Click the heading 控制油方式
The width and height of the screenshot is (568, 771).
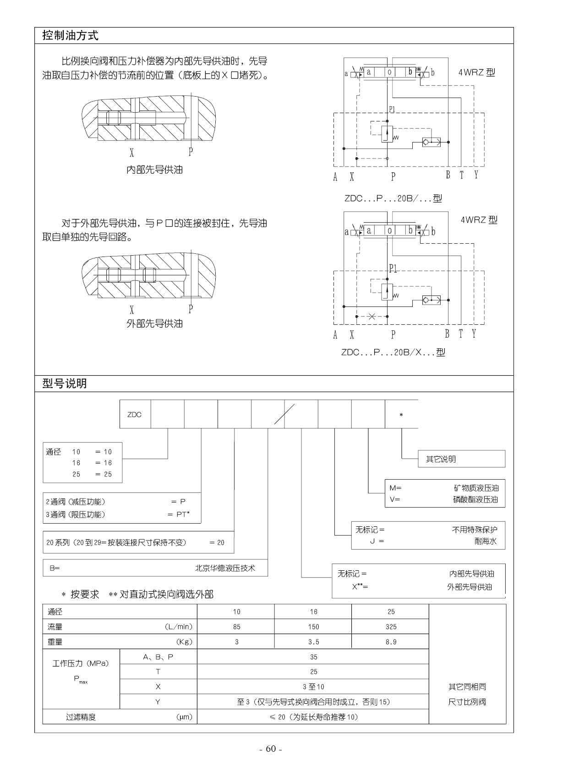pos(70,36)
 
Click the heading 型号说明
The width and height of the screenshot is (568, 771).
pos(64,383)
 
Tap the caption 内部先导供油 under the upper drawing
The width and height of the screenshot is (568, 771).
pos(154,170)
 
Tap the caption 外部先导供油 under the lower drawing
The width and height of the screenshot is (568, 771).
pos(154,324)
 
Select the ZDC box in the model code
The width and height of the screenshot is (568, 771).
pos(135,415)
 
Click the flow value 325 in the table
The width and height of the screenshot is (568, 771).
pos(391,627)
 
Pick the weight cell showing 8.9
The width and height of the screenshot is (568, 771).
pos(391,642)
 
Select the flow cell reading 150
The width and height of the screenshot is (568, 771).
pos(313,627)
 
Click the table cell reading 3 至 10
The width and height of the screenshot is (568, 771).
pos(313,687)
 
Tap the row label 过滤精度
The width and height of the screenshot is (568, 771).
pos(81,717)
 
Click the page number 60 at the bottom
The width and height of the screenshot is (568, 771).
pos(271,749)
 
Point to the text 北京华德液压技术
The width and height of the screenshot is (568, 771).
pos(225,568)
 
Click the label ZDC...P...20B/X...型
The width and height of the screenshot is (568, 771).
pos(393,352)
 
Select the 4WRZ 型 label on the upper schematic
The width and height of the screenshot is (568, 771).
pos(476,72)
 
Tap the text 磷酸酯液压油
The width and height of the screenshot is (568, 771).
pos(475,499)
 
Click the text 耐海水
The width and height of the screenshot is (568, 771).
pos(486,541)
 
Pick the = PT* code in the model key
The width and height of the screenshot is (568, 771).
pos(178,514)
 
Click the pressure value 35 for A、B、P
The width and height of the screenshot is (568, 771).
pos(313,657)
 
